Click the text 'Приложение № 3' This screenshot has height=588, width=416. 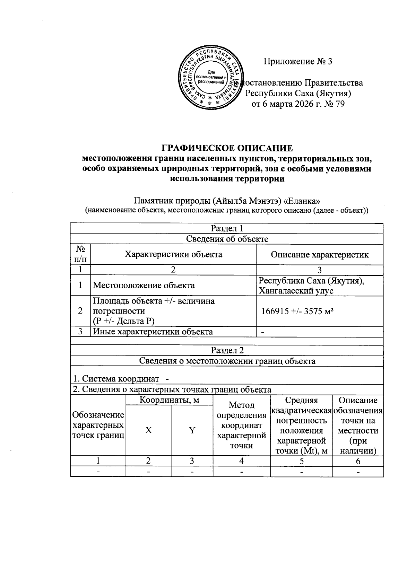[x=298, y=62]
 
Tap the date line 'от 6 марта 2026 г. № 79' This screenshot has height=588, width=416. [x=298, y=104]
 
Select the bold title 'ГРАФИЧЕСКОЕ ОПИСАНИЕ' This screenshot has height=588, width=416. [x=227, y=148]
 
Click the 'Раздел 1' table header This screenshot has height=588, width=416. [x=227, y=228]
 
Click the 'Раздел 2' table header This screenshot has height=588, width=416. [x=227, y=350]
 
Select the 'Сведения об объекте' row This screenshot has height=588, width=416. [x=227, y=239]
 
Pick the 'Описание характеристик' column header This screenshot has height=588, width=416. [x=319, y=255]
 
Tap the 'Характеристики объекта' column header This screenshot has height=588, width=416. [x=173, y=255]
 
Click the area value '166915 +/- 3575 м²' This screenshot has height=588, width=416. [x=297, y=311]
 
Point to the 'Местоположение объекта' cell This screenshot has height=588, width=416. [x=144, y=286]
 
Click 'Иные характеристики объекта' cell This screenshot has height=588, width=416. [x=153, y=332]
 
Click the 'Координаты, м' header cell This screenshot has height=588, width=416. [x=169, y=400]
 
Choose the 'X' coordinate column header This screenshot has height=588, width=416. [x=148, y=430]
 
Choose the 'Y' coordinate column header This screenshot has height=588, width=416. [x=192, y=430]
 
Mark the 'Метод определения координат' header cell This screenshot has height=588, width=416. [x=241, y=425]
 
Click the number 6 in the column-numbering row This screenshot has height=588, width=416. [x=358, y=461]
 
